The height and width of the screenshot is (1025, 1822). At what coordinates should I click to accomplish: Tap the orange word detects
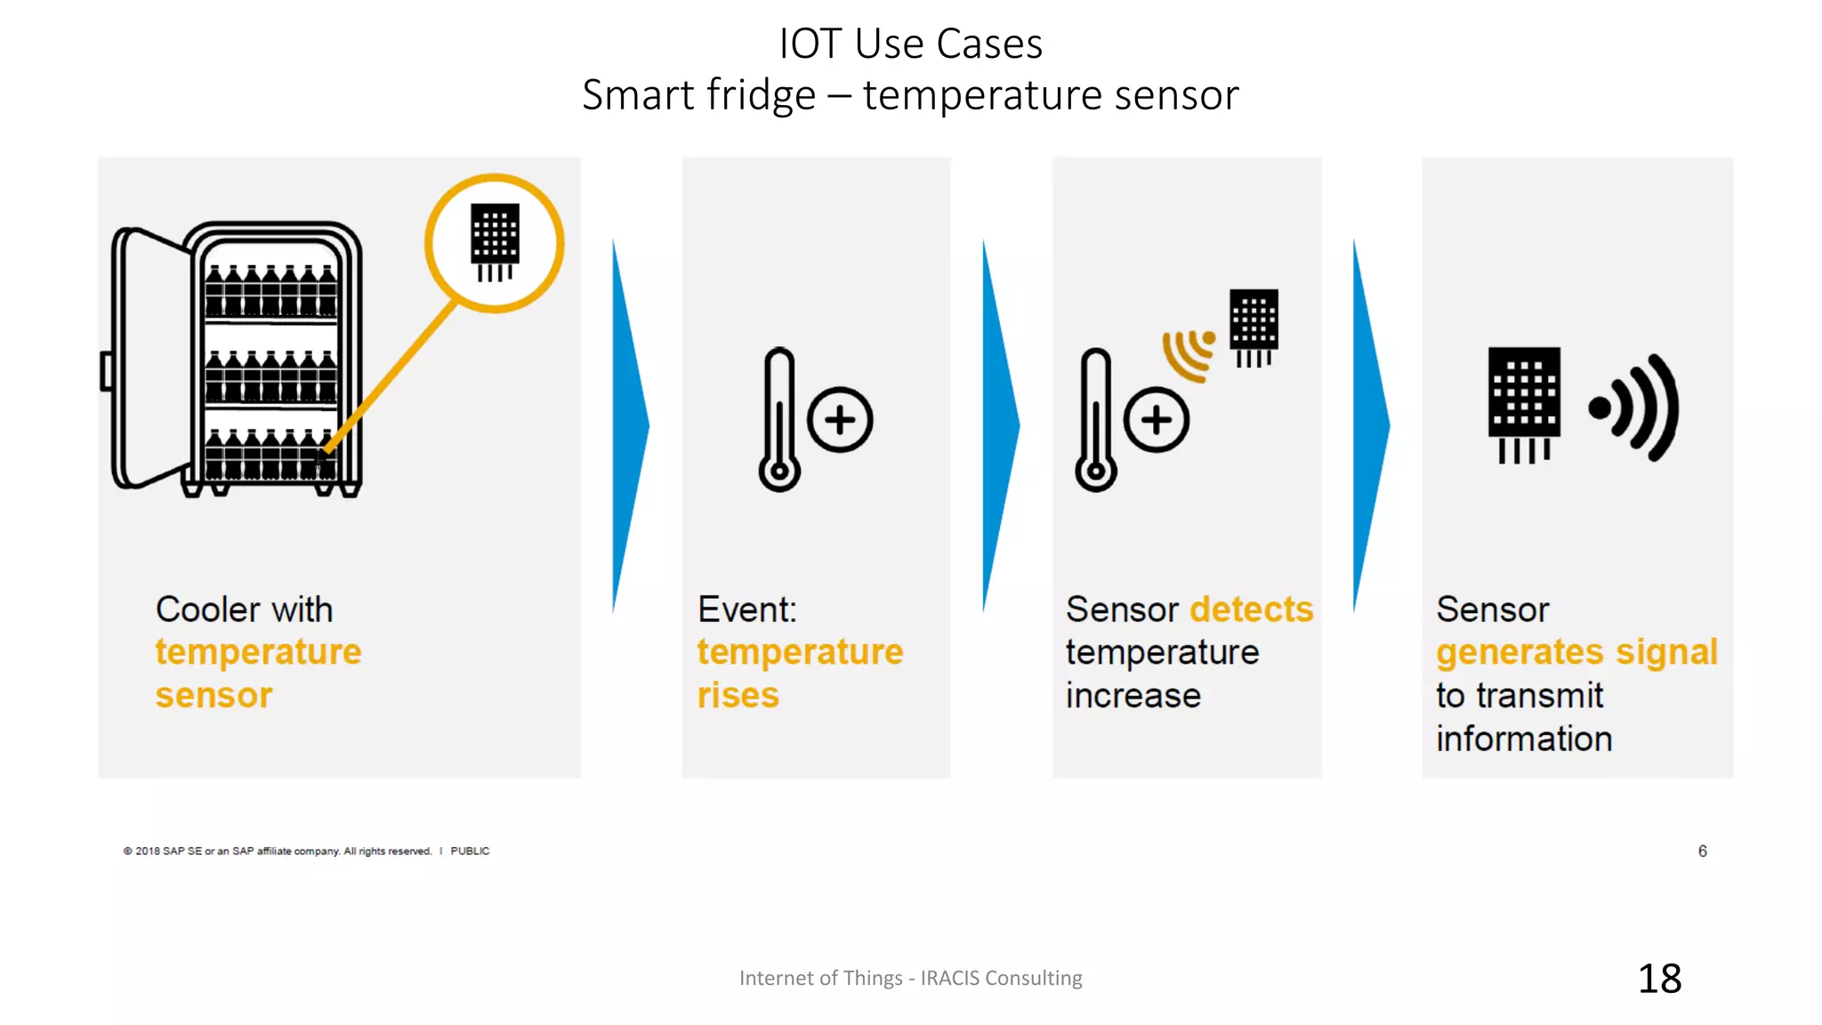click(x=1252, y=609)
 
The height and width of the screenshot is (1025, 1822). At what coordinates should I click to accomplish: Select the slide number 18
click(x=1659, y=979)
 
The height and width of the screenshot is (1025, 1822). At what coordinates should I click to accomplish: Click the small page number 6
click(x=1702, y=851)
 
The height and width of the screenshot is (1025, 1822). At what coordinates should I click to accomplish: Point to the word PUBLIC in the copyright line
click(x=470, y=851)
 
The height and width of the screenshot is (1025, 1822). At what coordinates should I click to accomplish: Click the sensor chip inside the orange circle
click(x=495, y=241)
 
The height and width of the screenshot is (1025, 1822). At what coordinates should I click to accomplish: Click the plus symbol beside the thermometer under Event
click(x=840, y=420)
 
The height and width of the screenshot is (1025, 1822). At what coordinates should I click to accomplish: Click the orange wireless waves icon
click(x=1189, y=354)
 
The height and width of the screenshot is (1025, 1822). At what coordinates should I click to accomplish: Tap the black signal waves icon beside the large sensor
click(x=1635, y=408)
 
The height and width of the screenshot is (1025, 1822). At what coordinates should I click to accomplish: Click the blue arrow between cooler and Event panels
click(x=630, y=425)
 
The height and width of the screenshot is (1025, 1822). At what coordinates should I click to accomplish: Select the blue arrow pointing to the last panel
click(x=1370, y=425)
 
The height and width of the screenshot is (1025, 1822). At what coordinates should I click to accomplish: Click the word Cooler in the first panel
click(x=207, y=609)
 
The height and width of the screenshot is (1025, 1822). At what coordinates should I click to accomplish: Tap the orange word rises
click(x=738, y=696)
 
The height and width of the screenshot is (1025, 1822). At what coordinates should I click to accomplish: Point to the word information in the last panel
click(x=1523, y=739)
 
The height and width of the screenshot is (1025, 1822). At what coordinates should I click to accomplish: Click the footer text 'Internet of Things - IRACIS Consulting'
click(x=910, y=978)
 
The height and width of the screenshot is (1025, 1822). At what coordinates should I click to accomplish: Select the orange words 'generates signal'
click(x=1576, y=652)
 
